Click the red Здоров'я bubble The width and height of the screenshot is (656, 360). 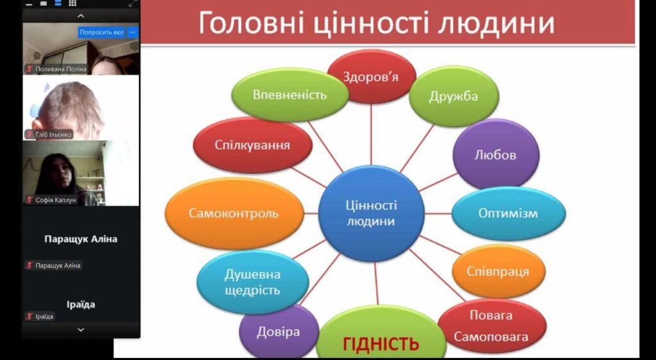click(371, 76)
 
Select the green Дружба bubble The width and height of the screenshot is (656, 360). click(454, 96)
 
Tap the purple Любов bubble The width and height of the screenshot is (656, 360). click(496, 154)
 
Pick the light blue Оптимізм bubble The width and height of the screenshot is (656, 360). click(508, 213)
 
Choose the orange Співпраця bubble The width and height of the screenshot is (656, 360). click(498, 272)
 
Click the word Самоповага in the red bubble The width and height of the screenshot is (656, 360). click(491, 336)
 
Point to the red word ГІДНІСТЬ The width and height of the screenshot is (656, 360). click(381, 344)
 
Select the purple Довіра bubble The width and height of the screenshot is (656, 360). click(279, 332)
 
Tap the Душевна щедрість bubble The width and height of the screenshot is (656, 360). click(252, 282)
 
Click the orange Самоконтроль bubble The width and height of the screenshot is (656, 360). click(234, 213)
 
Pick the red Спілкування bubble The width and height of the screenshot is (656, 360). click(252, 145)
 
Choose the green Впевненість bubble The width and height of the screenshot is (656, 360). click(290, 95)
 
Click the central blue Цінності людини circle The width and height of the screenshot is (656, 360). click(371, 213)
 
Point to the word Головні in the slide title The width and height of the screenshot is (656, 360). click(250, 22)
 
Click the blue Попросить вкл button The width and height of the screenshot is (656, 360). click(102, 32)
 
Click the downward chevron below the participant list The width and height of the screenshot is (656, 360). click(81, 330)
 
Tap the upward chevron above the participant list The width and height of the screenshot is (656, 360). click(81, 16)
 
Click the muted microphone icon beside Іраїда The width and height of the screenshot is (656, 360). click(29, 316)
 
